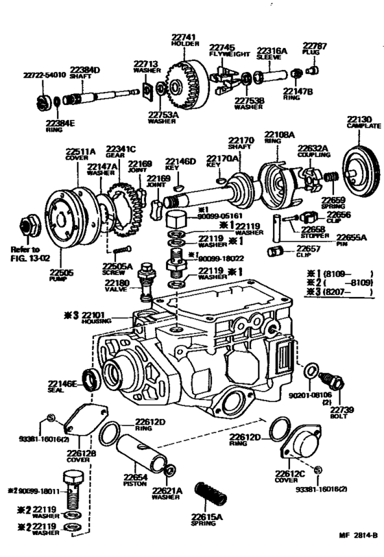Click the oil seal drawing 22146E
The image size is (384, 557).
point(91,377)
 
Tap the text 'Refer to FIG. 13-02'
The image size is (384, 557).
point(25,254)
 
